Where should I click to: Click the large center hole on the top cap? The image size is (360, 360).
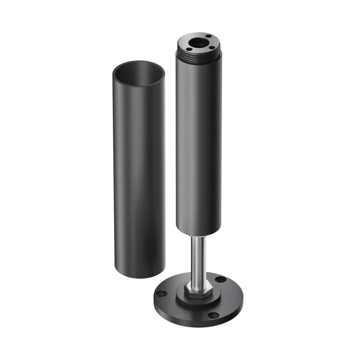tap(197, 42)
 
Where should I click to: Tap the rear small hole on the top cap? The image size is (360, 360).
tap(209, 36)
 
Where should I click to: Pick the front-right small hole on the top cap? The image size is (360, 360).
tap(211, 48)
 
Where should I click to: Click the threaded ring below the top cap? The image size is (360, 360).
tap(198, 58)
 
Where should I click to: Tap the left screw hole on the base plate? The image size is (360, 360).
tap(161, 294)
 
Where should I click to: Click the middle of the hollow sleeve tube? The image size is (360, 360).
tap(138, 172)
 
